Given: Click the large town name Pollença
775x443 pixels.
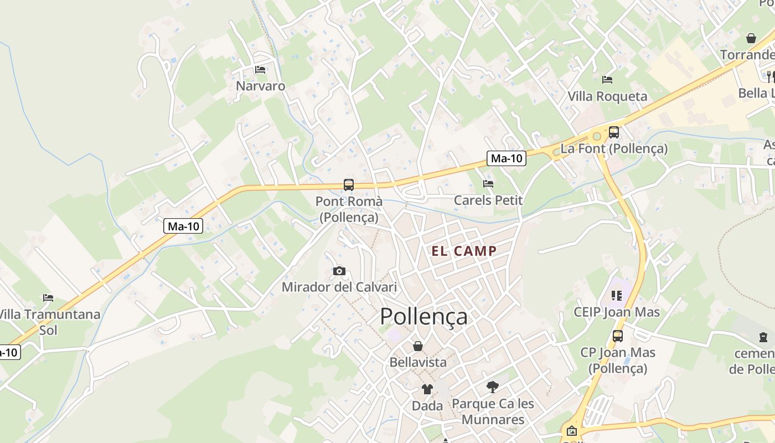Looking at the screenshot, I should point(423,316).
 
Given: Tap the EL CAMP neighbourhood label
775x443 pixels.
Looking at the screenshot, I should point(464,251).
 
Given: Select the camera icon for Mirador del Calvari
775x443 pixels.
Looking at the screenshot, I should point(339,271).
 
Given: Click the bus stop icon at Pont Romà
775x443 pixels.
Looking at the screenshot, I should point(348,185).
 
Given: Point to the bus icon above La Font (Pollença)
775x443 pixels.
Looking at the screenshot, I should point(613,132).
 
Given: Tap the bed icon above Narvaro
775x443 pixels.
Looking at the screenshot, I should point(260,70).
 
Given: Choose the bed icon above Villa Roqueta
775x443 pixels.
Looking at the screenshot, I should point(607,80).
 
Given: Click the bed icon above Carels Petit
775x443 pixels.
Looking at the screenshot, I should point(488,184).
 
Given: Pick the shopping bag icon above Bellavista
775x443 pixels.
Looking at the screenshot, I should point(418,346).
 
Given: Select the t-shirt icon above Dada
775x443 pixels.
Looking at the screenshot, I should point(427,389).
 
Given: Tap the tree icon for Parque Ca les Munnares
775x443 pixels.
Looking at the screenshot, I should point(492,387).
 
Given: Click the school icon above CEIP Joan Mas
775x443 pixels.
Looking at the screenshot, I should point(617,296).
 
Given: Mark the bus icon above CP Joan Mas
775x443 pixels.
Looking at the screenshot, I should point(617,336).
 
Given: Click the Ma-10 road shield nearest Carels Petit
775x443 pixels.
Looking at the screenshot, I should point(507,158).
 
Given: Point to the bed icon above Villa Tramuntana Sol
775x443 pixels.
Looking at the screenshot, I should point(48,298).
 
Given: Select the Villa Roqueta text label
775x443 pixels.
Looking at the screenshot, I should point(607,96).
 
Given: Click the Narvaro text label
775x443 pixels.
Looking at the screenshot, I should point(260,86).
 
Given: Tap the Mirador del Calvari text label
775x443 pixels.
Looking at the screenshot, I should point(339,287).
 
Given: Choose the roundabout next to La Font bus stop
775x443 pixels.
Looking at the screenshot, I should point(597,136).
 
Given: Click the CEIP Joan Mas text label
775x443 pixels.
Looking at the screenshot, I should point(617,312).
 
